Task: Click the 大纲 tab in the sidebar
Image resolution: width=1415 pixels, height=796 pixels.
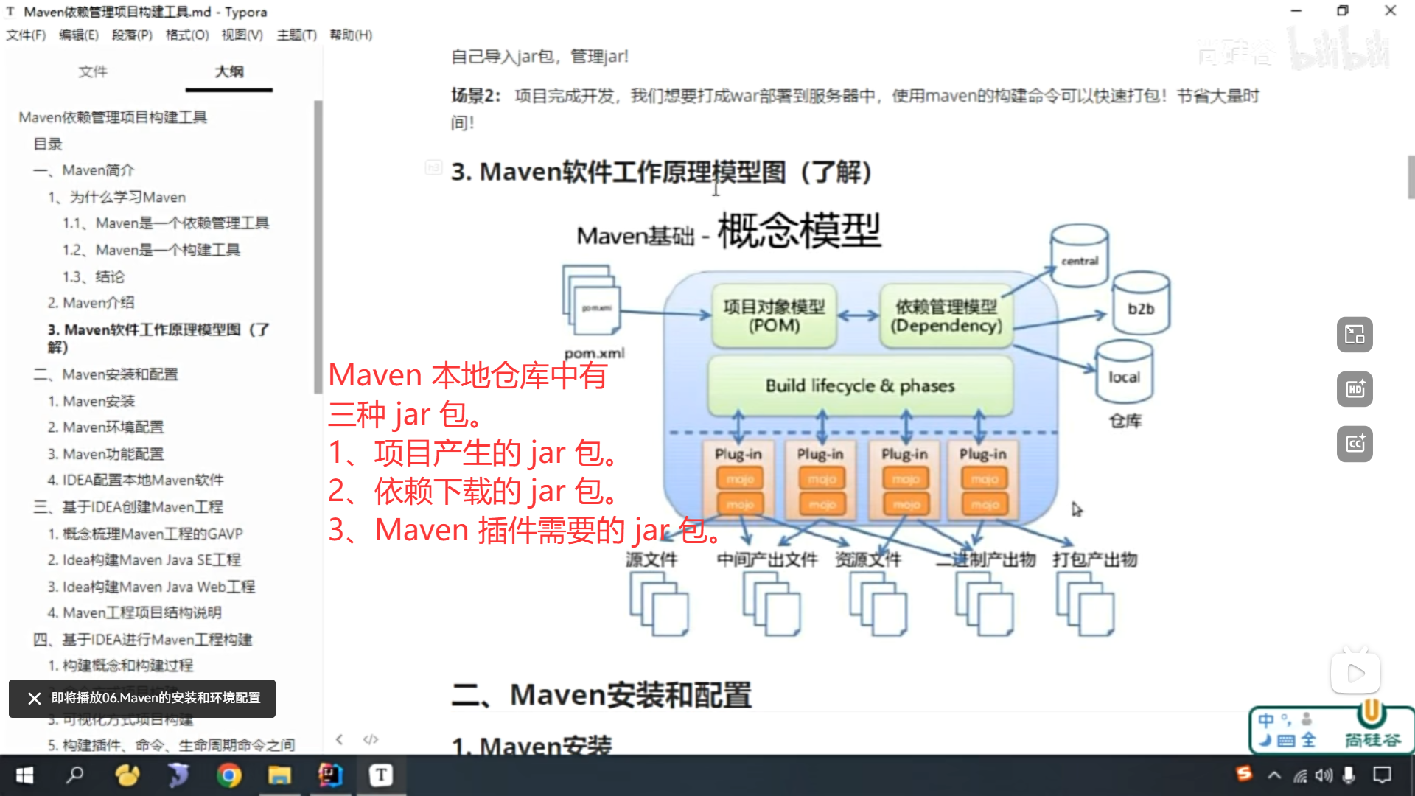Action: click(x=228, y=71)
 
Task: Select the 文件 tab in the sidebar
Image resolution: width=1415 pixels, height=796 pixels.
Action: click(x=93, y=71)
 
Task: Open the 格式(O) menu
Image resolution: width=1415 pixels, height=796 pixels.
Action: click(x=186, y=35)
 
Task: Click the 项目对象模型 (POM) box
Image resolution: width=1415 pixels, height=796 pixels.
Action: click(x=774, y=316)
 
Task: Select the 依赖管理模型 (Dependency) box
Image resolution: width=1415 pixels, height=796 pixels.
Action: click(x=946, y=316)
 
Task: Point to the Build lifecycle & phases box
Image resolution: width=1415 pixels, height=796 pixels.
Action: click(x=859, y=385)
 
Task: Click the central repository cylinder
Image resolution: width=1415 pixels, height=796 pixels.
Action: click(x=1080, y=256)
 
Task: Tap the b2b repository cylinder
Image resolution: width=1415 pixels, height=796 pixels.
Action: click(x=1141, y=304)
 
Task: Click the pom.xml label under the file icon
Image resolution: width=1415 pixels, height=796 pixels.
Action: click(x=594, y=353)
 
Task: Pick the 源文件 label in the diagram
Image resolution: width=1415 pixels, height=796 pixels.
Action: click(x=651, y=560)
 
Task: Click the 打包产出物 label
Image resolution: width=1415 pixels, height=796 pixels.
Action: click(x=1094, y=560)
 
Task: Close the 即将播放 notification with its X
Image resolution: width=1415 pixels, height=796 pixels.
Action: click(x=34, y=698)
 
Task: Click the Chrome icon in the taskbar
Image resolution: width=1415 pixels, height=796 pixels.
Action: click(x=228, y=775)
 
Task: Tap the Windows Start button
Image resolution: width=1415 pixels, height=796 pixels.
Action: click(x=24, y=775)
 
